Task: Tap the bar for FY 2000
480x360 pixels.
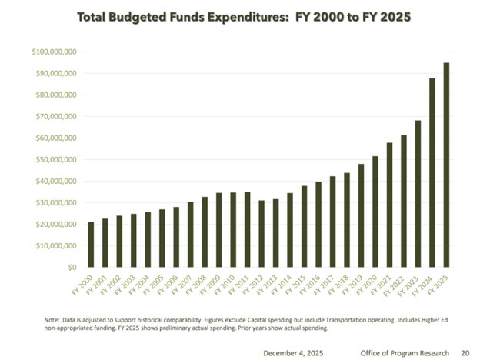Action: [92, 245]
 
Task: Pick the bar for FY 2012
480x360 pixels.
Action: [262, 234]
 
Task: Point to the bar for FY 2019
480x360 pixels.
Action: [361, 215]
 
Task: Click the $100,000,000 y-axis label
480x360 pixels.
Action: [54, 52]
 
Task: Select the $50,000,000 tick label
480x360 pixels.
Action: [55, 160]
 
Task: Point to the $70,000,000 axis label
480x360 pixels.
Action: [55, 117]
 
